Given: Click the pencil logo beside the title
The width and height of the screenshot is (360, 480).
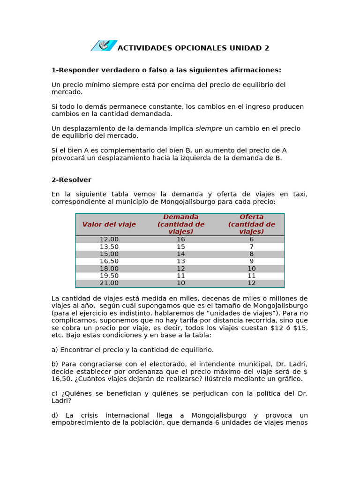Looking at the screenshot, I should pos(104,45).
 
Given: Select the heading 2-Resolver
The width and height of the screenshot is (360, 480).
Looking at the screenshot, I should pos(71,180).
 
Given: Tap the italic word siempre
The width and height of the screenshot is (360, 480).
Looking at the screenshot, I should pos(209,128).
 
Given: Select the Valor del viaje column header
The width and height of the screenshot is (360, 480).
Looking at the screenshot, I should pos(109,225).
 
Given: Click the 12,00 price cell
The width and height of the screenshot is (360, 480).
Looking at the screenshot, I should pos(109,240).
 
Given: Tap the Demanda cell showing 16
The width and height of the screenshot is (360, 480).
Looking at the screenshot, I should pos(181,240).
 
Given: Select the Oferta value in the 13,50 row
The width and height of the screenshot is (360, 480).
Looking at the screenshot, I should pos(252,247).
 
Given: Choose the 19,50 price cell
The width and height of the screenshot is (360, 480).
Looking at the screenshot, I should pos(109,276).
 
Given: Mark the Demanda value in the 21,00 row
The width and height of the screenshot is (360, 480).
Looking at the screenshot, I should pos(181,283).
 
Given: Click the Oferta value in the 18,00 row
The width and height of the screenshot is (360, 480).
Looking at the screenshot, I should pos(252,269).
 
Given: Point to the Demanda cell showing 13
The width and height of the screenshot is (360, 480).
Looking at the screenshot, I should pos(181,261).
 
